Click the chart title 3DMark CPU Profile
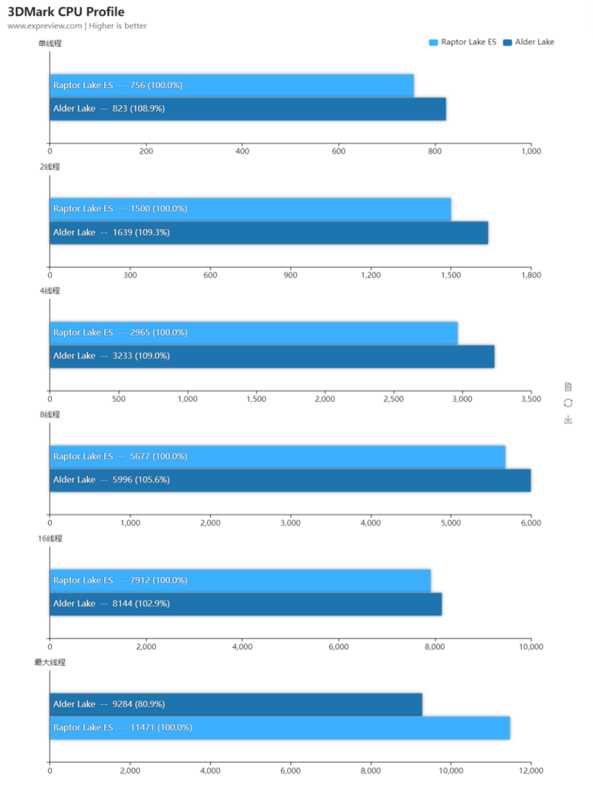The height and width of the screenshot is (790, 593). point(66,12)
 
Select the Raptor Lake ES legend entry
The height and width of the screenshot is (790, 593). point(463,42)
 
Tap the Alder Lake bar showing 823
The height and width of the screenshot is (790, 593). point(247,109)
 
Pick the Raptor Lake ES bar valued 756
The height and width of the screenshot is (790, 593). point(232,85)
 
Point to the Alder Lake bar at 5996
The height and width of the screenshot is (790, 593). point(290,480)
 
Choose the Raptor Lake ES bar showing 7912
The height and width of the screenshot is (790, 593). point(240,580)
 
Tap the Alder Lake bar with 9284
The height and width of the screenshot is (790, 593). point(236,704)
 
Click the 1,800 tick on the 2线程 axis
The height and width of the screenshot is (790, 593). point(530,275)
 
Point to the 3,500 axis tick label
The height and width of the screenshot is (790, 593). point(530,399)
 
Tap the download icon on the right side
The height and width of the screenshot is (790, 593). point(568,420)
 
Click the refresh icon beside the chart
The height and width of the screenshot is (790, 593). point(568,403)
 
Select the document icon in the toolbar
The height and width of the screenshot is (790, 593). point(568,386)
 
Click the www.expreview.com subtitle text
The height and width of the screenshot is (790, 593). point(44,26)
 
